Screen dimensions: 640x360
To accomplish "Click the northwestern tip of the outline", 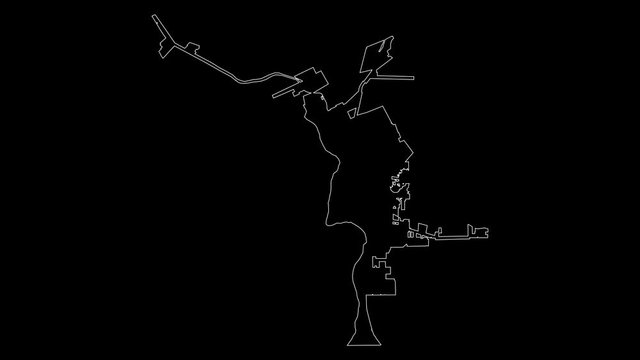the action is coord(152,15).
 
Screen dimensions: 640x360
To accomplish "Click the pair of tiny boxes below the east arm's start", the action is coord(411,235).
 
